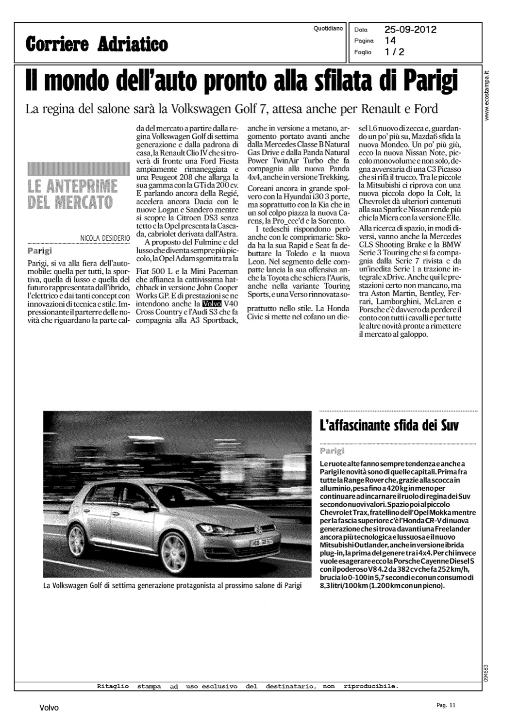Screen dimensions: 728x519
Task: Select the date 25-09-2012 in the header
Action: [x=410, y=30]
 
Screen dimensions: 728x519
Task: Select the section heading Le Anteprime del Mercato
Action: [x=73, y=194]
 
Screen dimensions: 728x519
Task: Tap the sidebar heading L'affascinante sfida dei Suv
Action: [x=389, y=427]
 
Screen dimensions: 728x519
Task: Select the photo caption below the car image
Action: [x=172, y=586]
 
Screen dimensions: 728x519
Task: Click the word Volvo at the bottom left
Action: [x=49, y=708]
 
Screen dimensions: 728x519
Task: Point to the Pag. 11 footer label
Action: [x=446, y=705]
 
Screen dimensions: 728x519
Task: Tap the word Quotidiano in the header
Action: [x=328, y=29]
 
